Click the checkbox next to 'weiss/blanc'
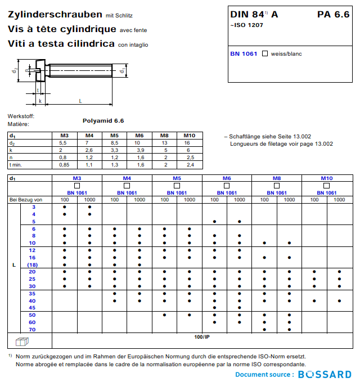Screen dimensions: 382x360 (264, 53)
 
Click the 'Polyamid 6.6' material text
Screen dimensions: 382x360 (103, 120)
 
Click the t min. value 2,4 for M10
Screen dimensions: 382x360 (190, 165)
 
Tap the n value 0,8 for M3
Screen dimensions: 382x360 (64, 158)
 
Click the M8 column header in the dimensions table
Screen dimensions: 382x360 (164, 136)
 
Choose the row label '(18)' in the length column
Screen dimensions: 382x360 (33, 264)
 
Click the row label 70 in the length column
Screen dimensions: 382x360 (33, 329)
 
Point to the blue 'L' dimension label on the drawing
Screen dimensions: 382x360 (80, 101)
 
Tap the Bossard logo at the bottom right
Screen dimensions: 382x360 (325, 374)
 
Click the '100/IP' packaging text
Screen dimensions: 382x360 (202, 336)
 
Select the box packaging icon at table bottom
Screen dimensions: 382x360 (21, 341)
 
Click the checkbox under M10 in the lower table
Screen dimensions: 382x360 (327, 186)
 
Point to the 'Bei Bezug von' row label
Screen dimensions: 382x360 (26, 199)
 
